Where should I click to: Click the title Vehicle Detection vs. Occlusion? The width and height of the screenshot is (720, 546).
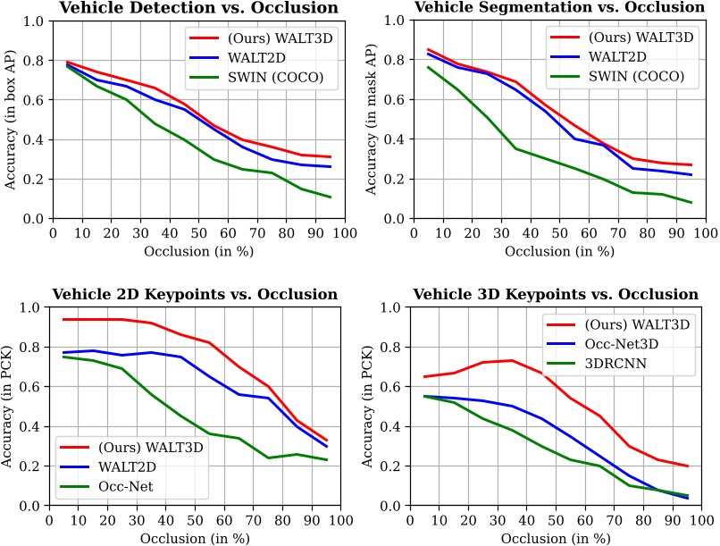click(x=204, y=9)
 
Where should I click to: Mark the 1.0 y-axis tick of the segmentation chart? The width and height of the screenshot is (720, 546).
click(x=395, y=21)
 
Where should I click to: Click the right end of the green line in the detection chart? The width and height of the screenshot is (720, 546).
click(x=331, y=197)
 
